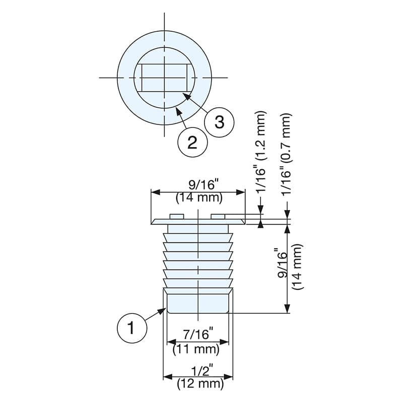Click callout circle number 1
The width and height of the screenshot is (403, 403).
pos(132,328)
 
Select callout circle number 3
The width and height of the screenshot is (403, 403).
pos(219,122)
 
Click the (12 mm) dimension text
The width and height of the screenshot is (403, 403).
pos(200,384)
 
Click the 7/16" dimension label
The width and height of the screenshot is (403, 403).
pos(198,334)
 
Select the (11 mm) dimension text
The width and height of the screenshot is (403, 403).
pos(196,349)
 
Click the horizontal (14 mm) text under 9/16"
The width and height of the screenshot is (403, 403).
pos(199,198)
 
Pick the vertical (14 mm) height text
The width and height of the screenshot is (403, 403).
pos(298,267)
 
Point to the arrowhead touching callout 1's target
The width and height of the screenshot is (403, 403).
pos(162,311)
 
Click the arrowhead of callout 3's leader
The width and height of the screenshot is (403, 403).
pos(186,96)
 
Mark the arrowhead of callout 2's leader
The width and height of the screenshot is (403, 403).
pos(178,111)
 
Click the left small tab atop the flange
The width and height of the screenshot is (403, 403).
pos(176,217)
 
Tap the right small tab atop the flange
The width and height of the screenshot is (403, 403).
pos(218,217)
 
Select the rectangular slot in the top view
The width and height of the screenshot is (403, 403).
pos(165,78)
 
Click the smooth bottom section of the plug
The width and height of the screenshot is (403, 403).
pos(197,304)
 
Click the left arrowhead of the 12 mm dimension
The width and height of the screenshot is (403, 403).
pos(168,377)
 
